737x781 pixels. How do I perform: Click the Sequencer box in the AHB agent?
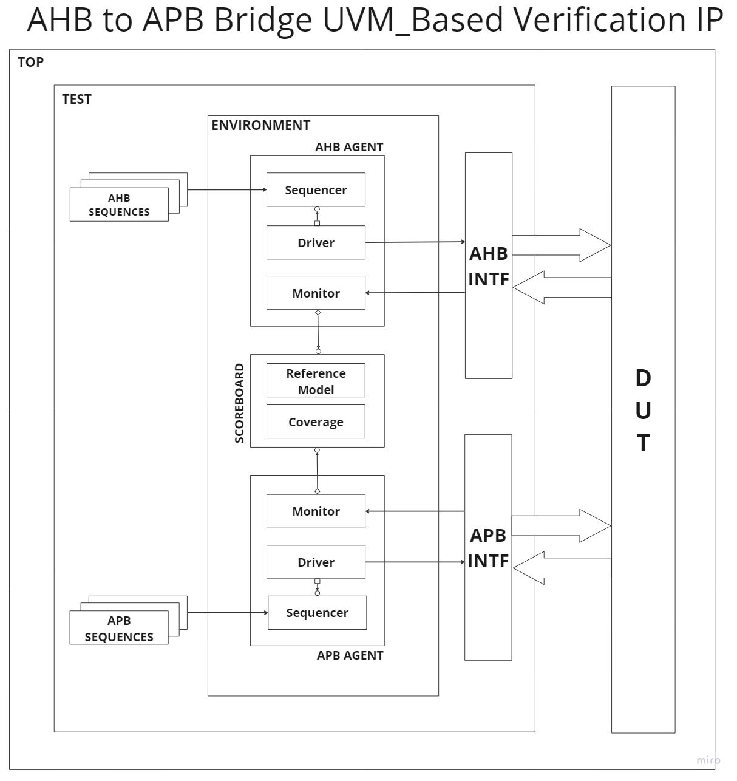316,190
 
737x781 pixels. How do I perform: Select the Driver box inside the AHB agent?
316,242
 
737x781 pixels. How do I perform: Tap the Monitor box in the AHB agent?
316,293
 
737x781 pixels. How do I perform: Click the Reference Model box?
316,381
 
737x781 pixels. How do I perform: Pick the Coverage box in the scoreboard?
316,421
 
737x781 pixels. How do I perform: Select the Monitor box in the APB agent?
316,511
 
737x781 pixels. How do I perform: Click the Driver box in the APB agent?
316,562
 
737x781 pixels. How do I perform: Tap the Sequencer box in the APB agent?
317,613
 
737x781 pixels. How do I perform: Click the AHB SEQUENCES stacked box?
119,205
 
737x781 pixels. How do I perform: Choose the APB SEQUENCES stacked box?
119,628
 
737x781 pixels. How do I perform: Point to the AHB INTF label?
489,266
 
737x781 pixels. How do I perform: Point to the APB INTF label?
488,548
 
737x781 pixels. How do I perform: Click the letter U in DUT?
643,411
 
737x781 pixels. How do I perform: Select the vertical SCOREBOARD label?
239,403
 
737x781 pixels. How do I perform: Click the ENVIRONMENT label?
260,125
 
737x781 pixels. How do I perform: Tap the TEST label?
76,99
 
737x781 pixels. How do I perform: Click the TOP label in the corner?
30,62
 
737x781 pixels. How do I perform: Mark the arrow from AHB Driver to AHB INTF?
415,242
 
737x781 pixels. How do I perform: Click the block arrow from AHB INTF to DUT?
562,245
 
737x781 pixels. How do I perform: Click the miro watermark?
708,760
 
